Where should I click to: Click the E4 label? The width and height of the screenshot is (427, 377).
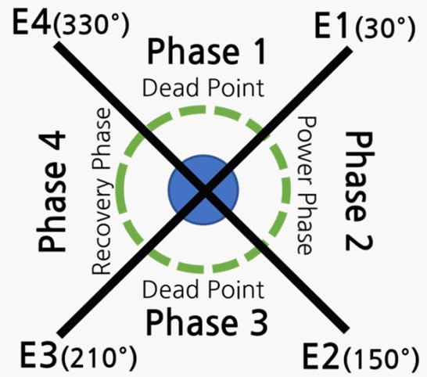coord(32,22)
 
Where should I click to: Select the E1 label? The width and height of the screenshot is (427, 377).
coord(332,26)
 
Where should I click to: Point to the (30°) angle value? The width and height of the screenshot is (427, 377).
coord(386,29)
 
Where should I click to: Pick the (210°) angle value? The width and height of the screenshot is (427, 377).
coord(99,357)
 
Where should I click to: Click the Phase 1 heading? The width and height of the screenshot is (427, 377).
coord(206,51)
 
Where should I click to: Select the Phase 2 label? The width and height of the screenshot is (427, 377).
coord(358,191)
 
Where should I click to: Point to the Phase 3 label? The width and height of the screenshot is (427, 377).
coord(206,321)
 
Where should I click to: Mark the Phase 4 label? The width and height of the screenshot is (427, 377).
coord(52,192)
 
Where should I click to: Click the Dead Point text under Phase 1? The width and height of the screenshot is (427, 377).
coord(203,88)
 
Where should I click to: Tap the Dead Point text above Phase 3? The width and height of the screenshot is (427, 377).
coord(203,289)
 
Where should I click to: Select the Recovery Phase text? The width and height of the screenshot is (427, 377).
coord(102,191)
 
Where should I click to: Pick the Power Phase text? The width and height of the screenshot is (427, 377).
coord(306,185)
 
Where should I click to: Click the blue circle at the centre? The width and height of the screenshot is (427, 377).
coord(203,190)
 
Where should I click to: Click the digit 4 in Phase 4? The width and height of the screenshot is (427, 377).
coord(52,142)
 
